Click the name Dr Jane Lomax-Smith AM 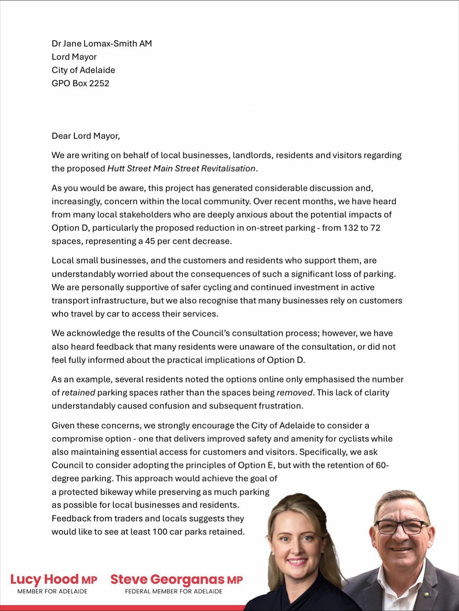coord(102,44)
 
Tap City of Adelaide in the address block coord(83,70)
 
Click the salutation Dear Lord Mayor coord(85,136)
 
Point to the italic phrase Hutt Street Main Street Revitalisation coord(182,169)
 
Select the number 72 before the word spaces coord(375,228)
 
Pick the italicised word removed coord(294,393)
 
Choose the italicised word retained coord(78,393)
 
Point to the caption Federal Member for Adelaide coord(173,591)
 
